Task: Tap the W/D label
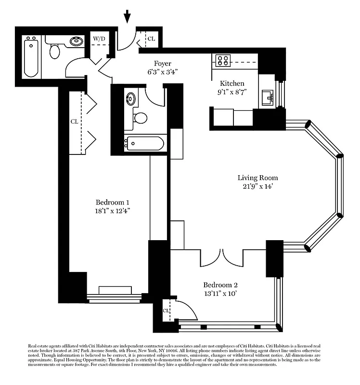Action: tap(99, 38)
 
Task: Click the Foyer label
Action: tap(162, 64)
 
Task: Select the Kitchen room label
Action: tap(232, 83)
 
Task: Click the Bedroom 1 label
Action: tap(112, 202)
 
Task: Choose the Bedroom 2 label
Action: tap(220, 284)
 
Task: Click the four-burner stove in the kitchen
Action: tap(223, 60)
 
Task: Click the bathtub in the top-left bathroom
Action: tap(31, 57)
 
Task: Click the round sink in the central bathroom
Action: tap(130, 99)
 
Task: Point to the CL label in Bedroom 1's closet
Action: tap(74, 122)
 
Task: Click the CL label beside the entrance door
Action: tap(151, 38)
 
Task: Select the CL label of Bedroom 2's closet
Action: tap(166, 310)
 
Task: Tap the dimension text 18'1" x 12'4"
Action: tap(112, 211)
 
